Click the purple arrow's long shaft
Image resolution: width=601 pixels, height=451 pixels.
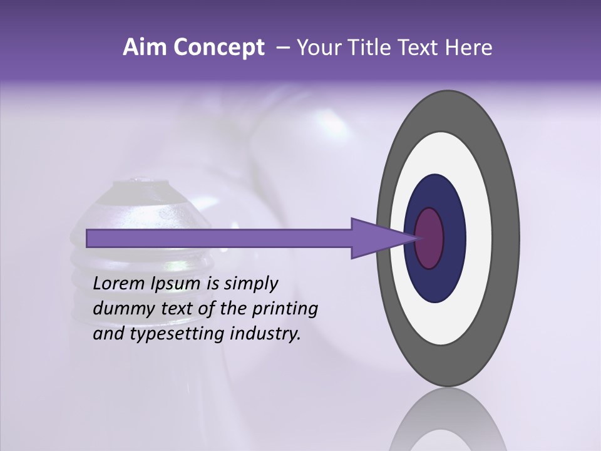tap(219, 238)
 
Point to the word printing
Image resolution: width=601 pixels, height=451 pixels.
tap(287, 309)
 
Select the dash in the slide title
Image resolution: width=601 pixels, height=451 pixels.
tap(283, 48)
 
